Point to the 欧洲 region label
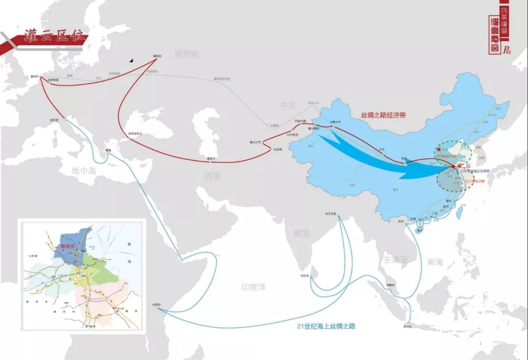[x=77, y=64]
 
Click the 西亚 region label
[x=213, y=177]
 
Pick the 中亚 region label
[x=288, y=106]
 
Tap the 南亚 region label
[x=302, y=233]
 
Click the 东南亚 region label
[x=396, y=260]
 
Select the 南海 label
[x=435, y=262]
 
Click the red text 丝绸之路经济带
[x=384, y=116]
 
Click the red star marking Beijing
[x=439, y=149]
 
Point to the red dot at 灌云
[x=453, y=167]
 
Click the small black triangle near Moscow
[x=131, y=61]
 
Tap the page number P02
[x=506, y=50]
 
